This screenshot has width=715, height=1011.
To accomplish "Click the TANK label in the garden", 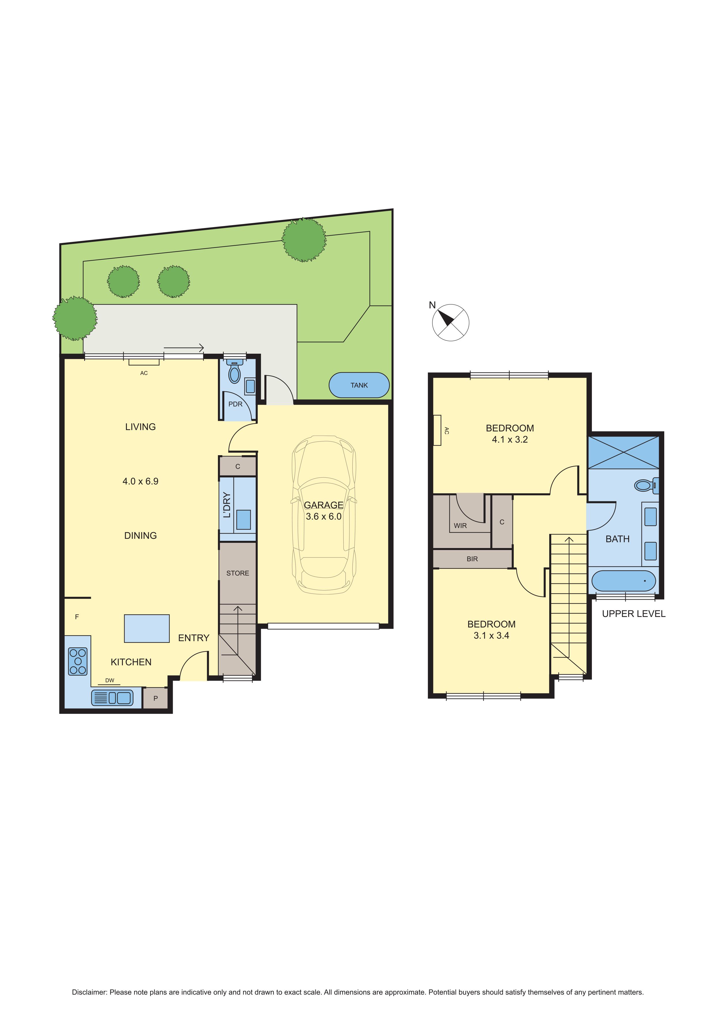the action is (x=359, y=385).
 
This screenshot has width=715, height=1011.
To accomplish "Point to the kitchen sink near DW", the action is (x=112, y=697).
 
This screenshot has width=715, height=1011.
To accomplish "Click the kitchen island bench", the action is (x=147, y=628).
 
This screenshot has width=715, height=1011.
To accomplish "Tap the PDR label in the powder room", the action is (x=236, y=404).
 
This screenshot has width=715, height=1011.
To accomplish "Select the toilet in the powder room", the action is (x=235, y=372).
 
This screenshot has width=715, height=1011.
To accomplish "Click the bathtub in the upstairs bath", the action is (x=623, y=581).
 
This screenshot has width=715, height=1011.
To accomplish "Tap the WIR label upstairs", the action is (x=460, y=526).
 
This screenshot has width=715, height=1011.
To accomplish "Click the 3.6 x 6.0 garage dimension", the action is (x=323, y=517).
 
